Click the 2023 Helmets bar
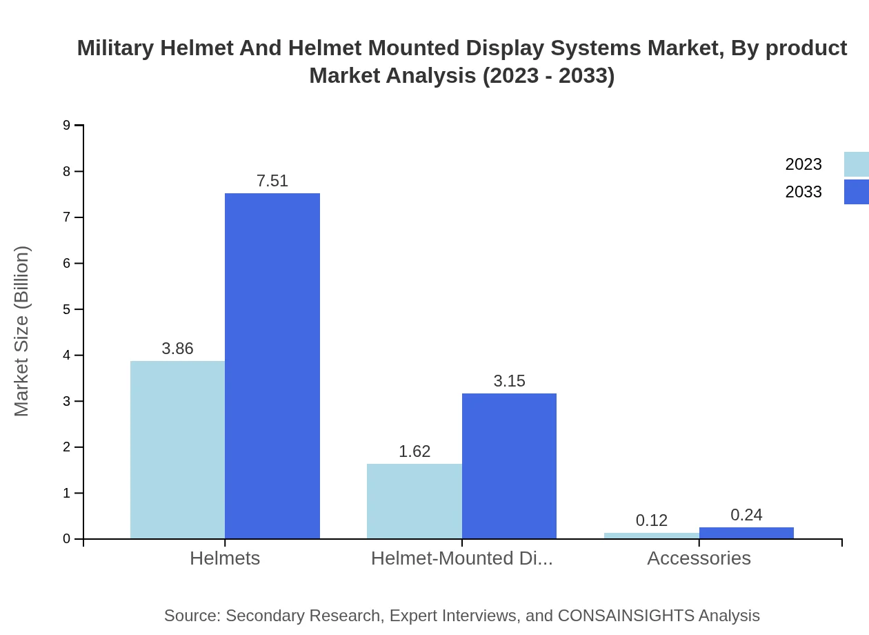point(177,449)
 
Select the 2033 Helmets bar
point(272,366)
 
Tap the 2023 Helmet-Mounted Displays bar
point(414,501)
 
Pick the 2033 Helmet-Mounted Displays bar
point(509,466)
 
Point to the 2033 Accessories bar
point(746,533)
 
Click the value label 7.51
point(272,181)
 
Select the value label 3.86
point(177,349)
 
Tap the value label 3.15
point(509,381)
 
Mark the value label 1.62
point(414,451)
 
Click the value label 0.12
point(652,520)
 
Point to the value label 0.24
point(746,515)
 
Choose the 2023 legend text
point(803,164)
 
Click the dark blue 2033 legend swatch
point(857,192)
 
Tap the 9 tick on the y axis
point(66,125)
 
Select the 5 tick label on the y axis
point(66,309)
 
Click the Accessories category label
point(699,558)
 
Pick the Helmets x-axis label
point(225,558)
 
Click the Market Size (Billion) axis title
point(21,331)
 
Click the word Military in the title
point(116,48)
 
